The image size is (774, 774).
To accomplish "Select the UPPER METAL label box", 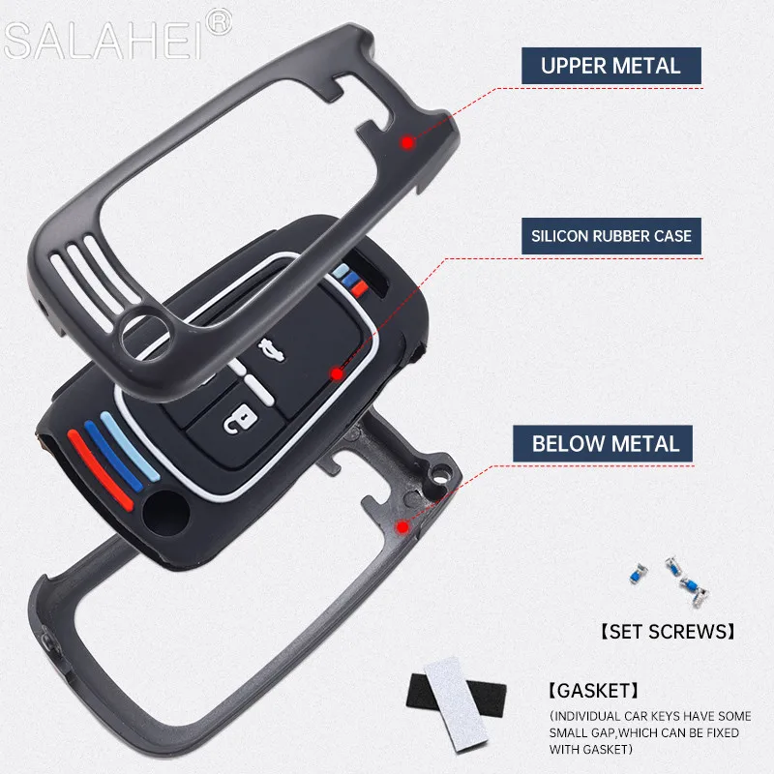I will click(610, 66).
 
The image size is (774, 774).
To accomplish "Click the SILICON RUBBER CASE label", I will click(610, 234).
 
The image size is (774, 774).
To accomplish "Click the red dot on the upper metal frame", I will click(407, 141).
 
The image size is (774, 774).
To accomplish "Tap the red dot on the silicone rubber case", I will click(338, 372).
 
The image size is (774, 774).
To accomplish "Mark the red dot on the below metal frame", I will click(402, 526).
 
